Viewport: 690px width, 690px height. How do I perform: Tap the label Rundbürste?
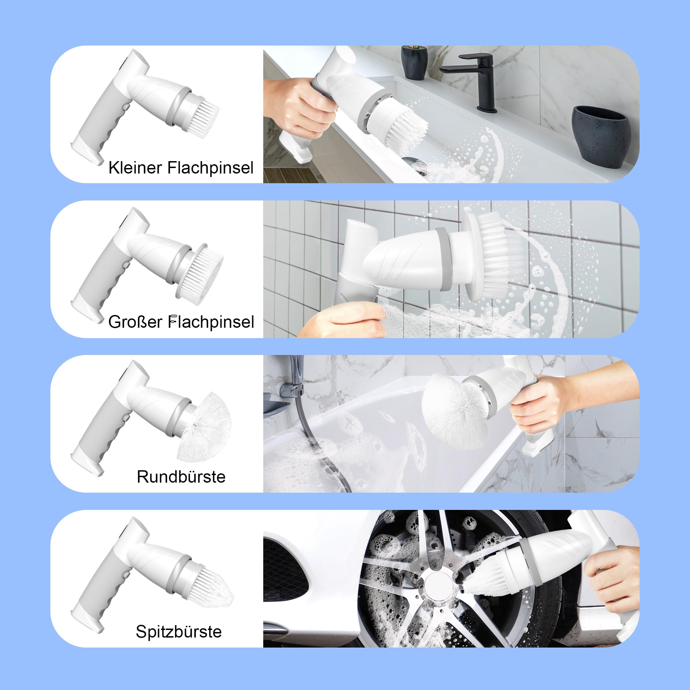pos(181,476)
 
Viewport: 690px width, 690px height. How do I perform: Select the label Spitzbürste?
pos(179,631)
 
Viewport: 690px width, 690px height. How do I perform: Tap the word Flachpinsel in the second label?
pos(211,322)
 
